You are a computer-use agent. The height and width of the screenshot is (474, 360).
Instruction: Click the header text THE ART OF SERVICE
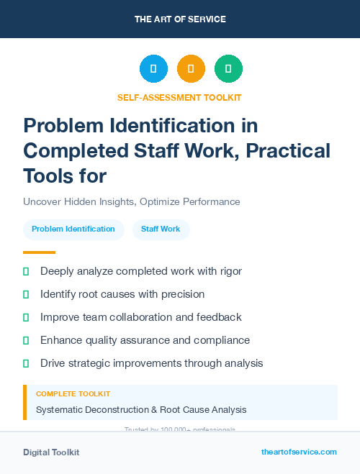tap(179, 19)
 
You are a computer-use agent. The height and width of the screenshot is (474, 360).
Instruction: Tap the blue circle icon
tap(153, 69)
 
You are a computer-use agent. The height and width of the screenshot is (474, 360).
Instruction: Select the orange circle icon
tap(191, 69)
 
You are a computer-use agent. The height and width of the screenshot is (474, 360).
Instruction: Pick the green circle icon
tap(228, 69)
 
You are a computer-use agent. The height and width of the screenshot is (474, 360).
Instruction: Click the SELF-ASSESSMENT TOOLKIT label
tap(179, 97)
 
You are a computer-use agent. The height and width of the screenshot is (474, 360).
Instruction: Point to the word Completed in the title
tap(80, 151)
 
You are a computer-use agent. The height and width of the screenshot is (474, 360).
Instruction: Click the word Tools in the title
tap(47, 176)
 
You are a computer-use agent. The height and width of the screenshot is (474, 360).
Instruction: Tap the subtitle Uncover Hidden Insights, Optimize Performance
tap(131, 201)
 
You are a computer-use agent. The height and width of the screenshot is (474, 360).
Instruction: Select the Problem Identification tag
tap(73, 229)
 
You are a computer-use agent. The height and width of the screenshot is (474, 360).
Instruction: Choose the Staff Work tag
tap(161, 229)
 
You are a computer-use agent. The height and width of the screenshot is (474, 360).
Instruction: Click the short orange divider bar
tap(39, 252)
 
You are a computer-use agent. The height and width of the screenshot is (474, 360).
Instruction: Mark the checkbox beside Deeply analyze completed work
tap(26, 271)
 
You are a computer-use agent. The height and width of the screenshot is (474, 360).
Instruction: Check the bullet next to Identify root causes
tap(26, 294)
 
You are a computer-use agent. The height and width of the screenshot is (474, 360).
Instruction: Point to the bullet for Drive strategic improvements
tap(26, 363)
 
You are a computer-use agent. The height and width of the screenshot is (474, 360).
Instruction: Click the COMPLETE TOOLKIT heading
tap(73, 394)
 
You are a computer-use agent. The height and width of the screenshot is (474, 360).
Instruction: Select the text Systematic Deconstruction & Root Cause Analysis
tap(141, 409)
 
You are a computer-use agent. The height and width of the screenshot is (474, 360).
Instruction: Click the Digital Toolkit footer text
tap(51, 452)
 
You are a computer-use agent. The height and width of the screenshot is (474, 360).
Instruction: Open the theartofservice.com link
tap(299, 452)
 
